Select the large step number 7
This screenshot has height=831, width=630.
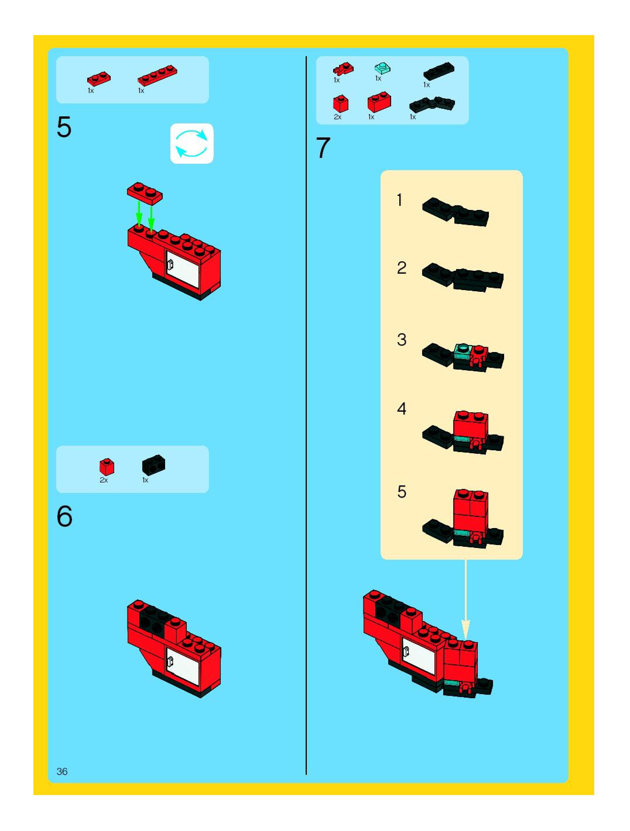(323, 148)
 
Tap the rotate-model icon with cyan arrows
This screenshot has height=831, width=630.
(192, 144)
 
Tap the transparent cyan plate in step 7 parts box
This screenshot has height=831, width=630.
(383, 68)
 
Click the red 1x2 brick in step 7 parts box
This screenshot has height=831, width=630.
(379, 101)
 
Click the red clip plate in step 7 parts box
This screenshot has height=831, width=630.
(343, 69)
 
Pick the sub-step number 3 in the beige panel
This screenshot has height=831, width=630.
(402, 339)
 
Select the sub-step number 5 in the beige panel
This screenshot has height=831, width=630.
(402, 492)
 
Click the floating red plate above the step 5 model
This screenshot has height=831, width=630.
(145, 193)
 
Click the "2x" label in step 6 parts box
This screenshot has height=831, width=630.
(104, 480)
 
